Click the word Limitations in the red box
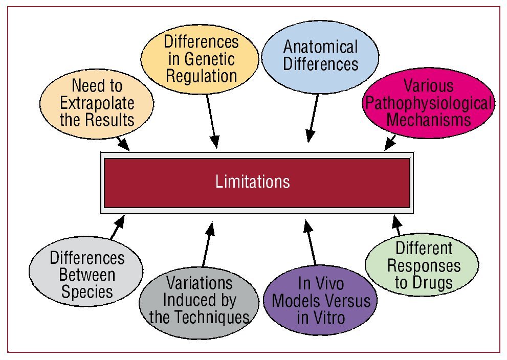pyautogui.click(x=253, y=182)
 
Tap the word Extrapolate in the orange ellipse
pyautogui.click(x=97, y=103)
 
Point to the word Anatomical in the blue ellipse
pyautogui.click(x=321, y=48)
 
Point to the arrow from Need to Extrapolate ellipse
pyautogui.click(x=123, y=142)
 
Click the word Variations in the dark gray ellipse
pyautogui.click(x=200, y=283)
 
